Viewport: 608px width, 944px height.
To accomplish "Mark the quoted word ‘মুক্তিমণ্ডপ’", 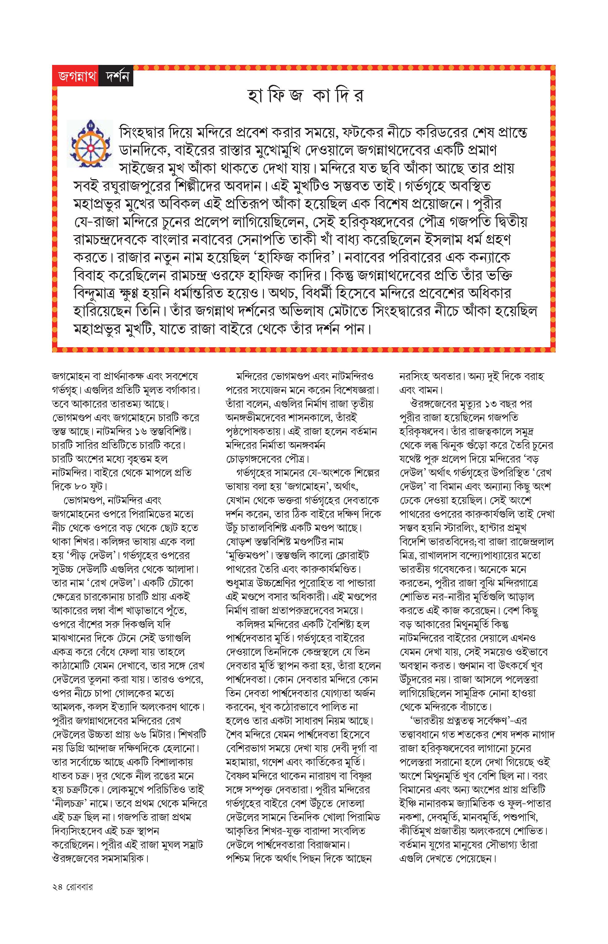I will [248, 555].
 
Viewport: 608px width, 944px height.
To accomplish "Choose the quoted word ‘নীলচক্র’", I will [71, 803].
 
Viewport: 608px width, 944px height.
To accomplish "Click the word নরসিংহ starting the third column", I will [414, 376].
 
